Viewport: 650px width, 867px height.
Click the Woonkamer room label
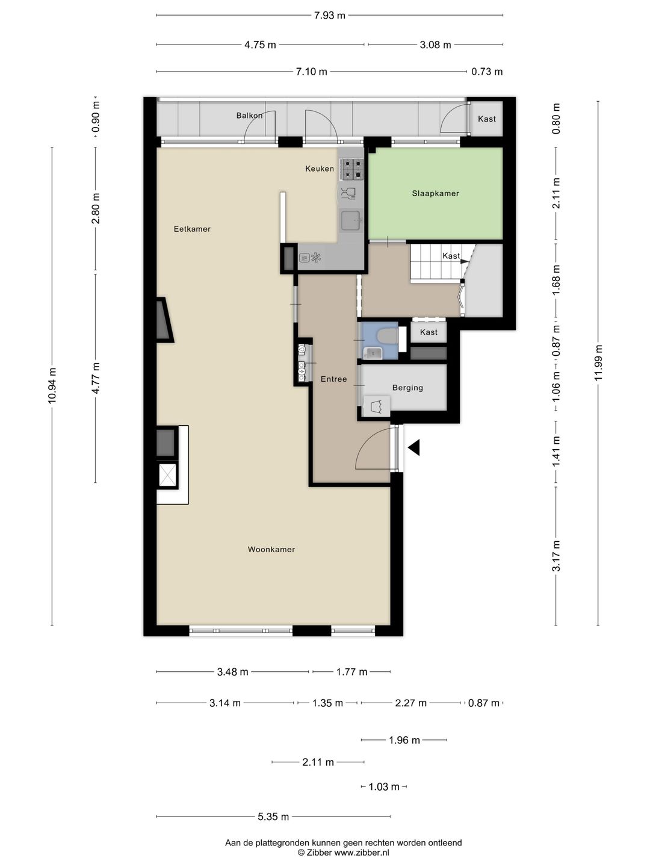click(x=271, y=549)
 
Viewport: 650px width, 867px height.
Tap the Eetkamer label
click(x=192, y=229)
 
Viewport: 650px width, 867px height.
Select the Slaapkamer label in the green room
click(x=435, y=193)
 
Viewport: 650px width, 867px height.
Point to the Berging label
click(x=407, y=388)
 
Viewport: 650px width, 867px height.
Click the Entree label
click(x=333, y=379)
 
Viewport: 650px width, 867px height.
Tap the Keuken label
click(x=319, y=169)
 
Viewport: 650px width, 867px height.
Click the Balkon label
click(x=249, y=116)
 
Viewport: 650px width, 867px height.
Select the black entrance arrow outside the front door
click(x=414, y=447)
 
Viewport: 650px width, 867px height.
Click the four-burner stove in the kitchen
click(x=351, y=169)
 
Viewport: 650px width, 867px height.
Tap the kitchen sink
click(x=350, y=221)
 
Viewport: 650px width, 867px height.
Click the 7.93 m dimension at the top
click(x=330, y=16)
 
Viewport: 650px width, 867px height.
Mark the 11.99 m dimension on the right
click(x=598, y=362)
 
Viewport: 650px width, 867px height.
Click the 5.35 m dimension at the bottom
click(x=273, y=817)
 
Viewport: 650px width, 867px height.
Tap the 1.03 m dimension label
click(x=384, y=787)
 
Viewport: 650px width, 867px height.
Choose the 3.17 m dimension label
click(x=557, y=556)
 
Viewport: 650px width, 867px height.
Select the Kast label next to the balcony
click(x=487, y=119)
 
